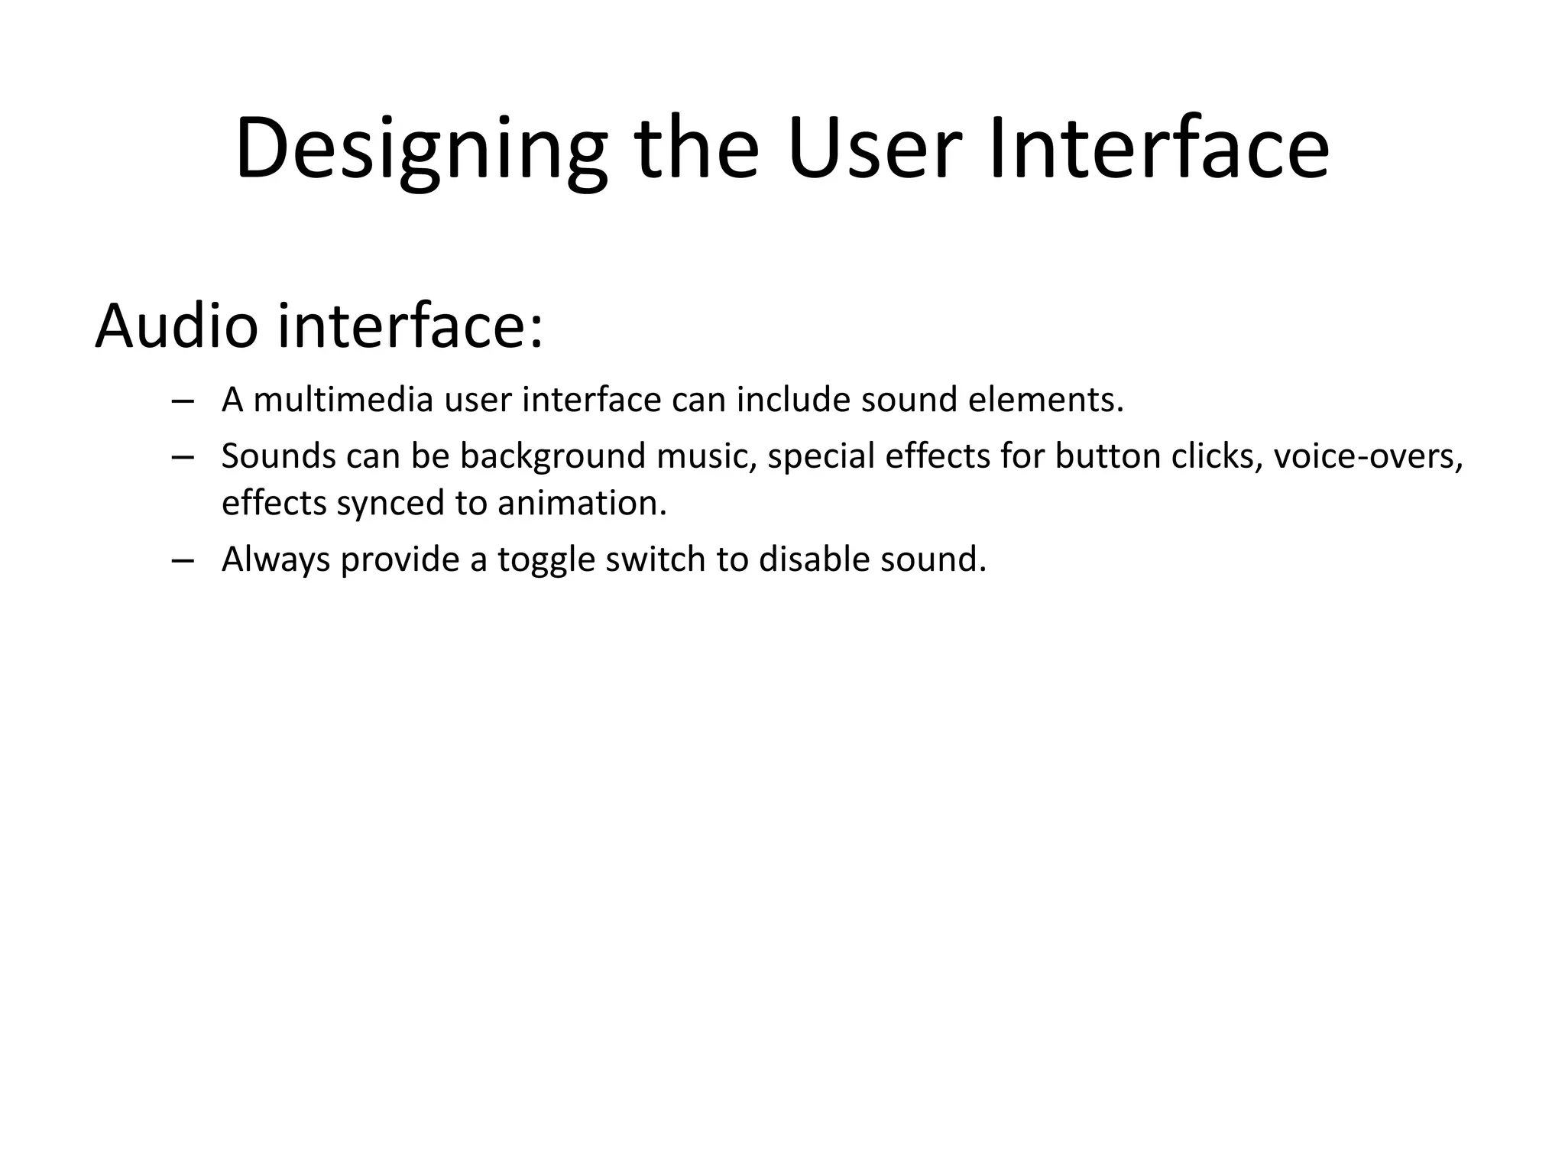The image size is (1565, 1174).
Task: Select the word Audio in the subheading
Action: click(177, 326)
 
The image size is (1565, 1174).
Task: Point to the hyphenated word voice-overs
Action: click(1368, 456)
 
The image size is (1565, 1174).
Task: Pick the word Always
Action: click(275, 560)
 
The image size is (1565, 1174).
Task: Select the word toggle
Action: click(546, 560)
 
